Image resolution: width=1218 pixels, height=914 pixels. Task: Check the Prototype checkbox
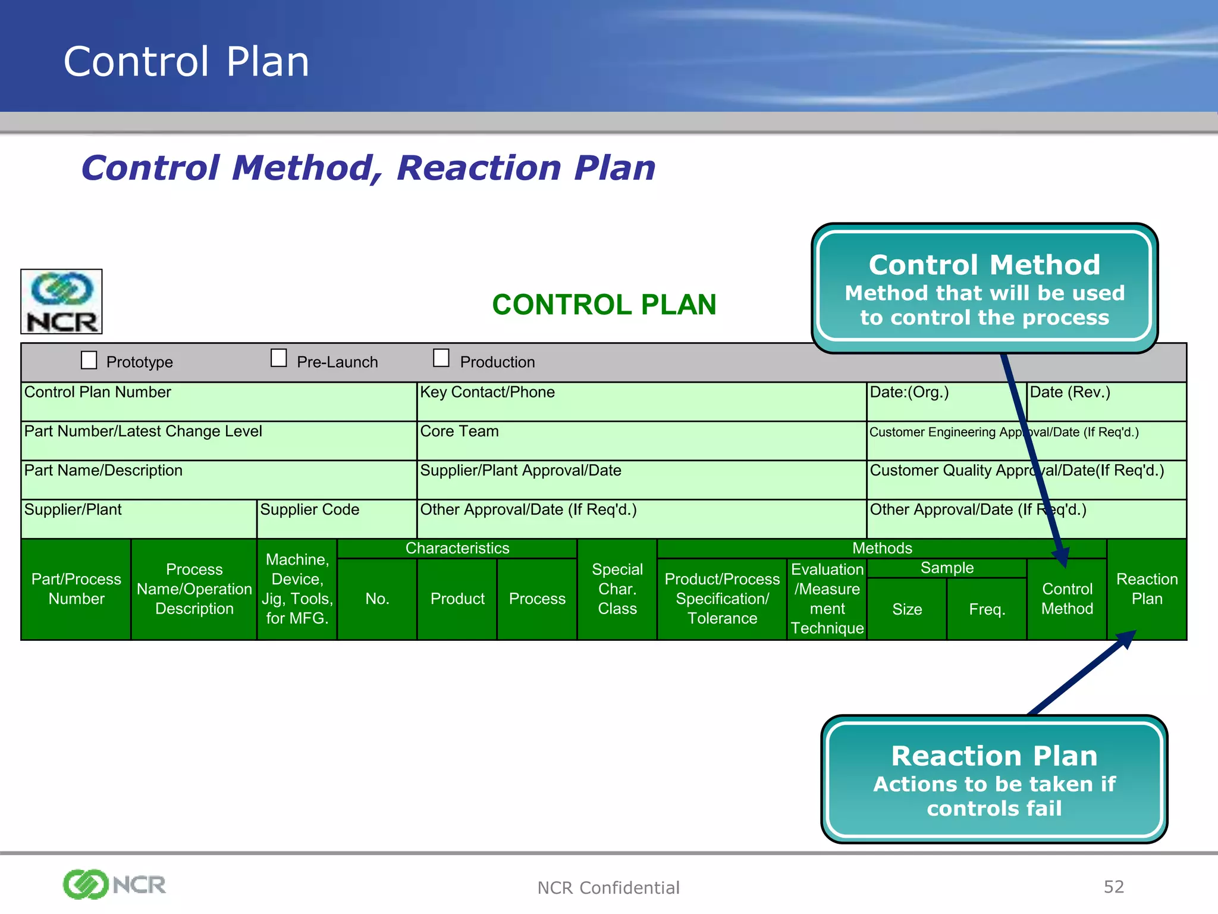point(89,360)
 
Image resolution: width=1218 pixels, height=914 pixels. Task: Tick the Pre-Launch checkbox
point(278,358)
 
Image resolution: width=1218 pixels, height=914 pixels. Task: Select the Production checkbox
point(441,358)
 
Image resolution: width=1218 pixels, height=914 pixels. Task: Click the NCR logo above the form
point(62,302)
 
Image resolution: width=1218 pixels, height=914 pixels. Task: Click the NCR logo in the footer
point(114,884)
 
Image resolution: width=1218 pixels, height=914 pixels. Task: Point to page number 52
point(1113,887)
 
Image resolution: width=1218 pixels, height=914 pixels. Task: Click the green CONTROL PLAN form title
point(604,305)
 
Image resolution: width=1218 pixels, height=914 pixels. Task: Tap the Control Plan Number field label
point(98,392)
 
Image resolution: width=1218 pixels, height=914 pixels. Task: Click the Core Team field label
point(459,431)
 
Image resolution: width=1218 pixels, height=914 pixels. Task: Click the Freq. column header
point(987,609)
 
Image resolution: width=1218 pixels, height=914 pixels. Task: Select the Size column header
point(907,609)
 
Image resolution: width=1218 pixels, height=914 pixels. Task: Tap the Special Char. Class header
point(617,589)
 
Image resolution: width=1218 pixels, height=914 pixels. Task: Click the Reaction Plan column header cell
point(1147,589)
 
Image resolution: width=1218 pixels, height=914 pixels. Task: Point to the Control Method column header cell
point(1067,599)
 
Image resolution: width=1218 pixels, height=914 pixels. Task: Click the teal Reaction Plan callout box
point(994,780)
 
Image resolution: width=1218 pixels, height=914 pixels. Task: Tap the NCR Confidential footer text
point(608,888)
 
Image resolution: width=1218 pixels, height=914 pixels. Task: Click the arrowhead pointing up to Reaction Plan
point(1126,639)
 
